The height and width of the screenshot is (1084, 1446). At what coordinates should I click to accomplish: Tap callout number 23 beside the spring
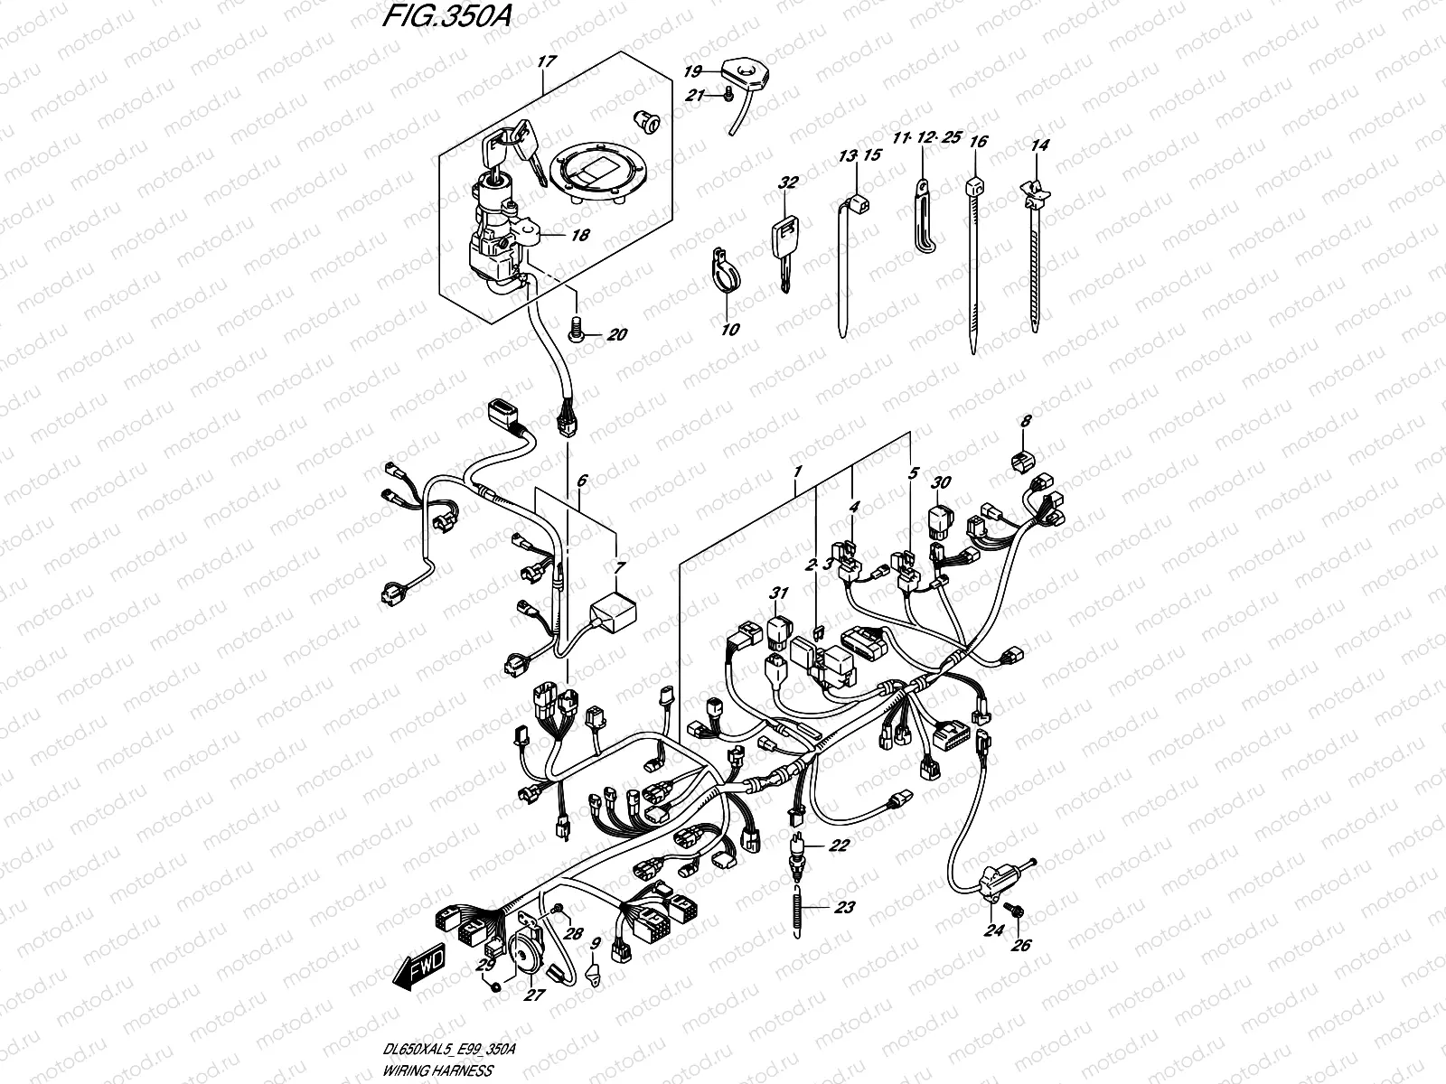(843, 909)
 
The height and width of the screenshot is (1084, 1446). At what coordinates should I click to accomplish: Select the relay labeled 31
(778, 632)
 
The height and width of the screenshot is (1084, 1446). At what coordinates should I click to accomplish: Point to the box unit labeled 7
(611, 616)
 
